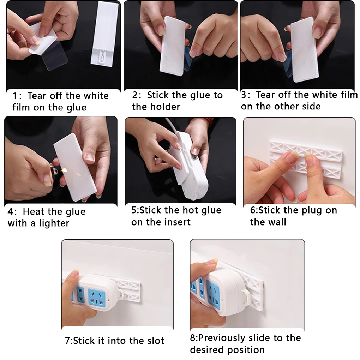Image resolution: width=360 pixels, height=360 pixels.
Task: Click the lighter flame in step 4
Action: point(64,170)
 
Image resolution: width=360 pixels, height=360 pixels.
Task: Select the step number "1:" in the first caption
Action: point(17,96)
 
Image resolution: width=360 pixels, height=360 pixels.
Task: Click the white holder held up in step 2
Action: point(173,46)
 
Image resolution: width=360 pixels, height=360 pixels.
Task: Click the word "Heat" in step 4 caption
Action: point(32,211)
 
